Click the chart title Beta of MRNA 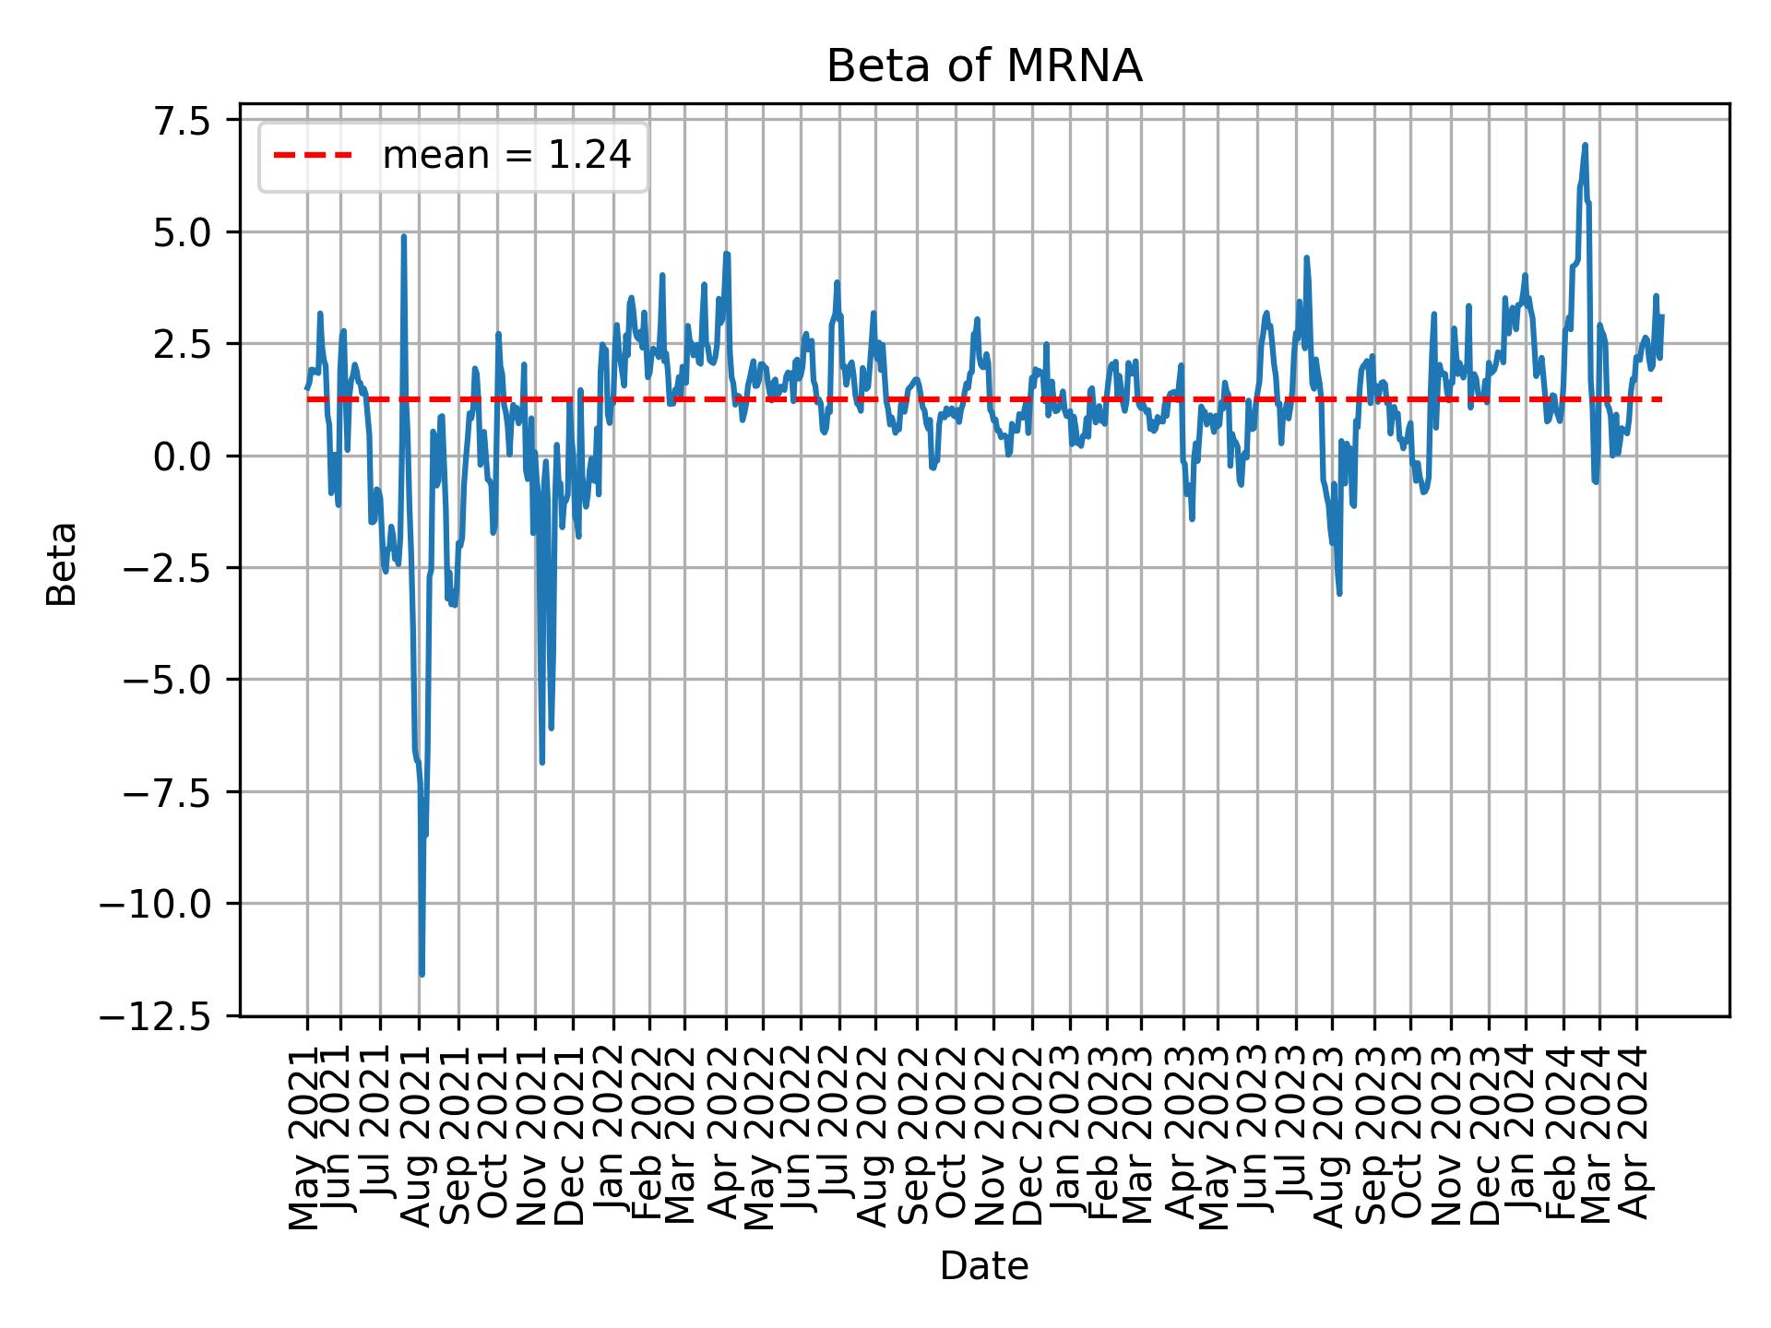coord(984,67)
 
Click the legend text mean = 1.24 coord(506,157)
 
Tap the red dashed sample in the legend coord(313,157)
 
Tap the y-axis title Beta coord(62,563)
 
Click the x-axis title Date coord(984,1268)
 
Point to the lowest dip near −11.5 coord(422,974)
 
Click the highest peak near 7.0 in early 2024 coord(1585,146)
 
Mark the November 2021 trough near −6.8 coord(541,762)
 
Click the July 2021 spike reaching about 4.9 coord(403,237)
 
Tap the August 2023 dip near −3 coord(1339,592)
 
